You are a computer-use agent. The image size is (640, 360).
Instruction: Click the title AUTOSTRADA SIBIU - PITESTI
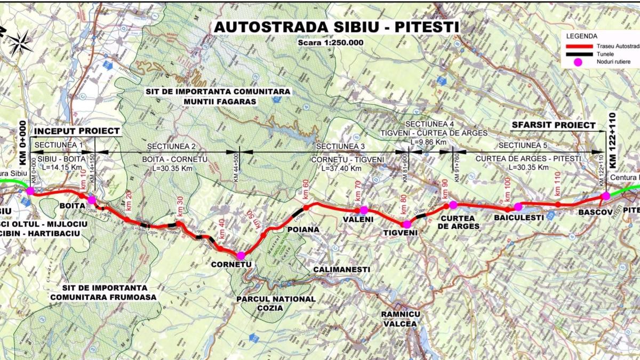(x=335, y=27)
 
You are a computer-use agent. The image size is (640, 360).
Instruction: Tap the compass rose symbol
(x=20, y=43)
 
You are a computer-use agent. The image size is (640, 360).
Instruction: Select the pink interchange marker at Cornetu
(x=241, y=255)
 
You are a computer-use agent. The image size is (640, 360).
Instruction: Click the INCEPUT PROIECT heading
(x=77, y=131)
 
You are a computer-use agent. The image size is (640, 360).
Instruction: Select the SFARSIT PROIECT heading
(x=553, y=125)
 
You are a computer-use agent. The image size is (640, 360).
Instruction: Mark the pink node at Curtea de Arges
(x=453, y=205)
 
